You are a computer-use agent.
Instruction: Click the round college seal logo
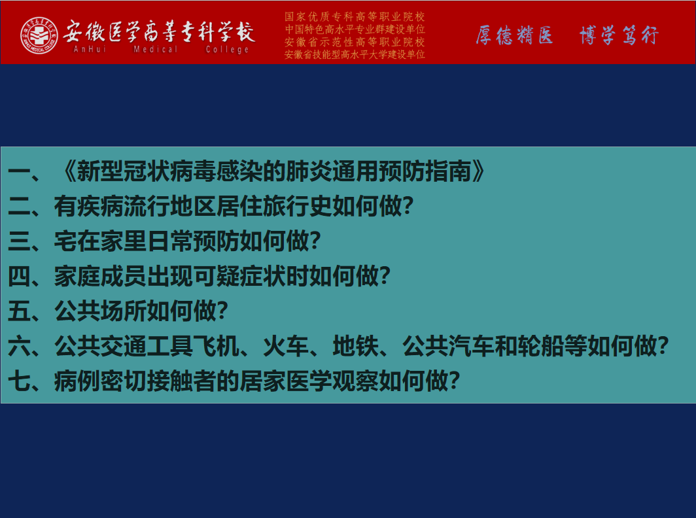tap(39, 35)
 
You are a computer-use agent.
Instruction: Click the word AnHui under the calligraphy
tap(90, 49)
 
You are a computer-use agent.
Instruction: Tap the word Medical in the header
tap(156, 49)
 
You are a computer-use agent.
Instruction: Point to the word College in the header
tap(227, 50)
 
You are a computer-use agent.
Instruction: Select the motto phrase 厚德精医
tap(514, 35)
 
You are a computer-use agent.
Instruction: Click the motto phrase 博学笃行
tap(619, 35)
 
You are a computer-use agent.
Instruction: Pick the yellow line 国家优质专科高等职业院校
tap(355, 17)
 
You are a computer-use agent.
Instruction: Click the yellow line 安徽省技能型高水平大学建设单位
tap(355, 54)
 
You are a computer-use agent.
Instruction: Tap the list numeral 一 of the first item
tap(20, 171)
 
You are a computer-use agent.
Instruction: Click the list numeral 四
tap(20, 276)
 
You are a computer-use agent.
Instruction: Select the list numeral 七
tap(20, 381)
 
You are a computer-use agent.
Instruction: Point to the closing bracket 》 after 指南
tap(479, 171)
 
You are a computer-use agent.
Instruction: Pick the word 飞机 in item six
tap(217, 346)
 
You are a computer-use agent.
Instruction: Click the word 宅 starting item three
tap(65, 241)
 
